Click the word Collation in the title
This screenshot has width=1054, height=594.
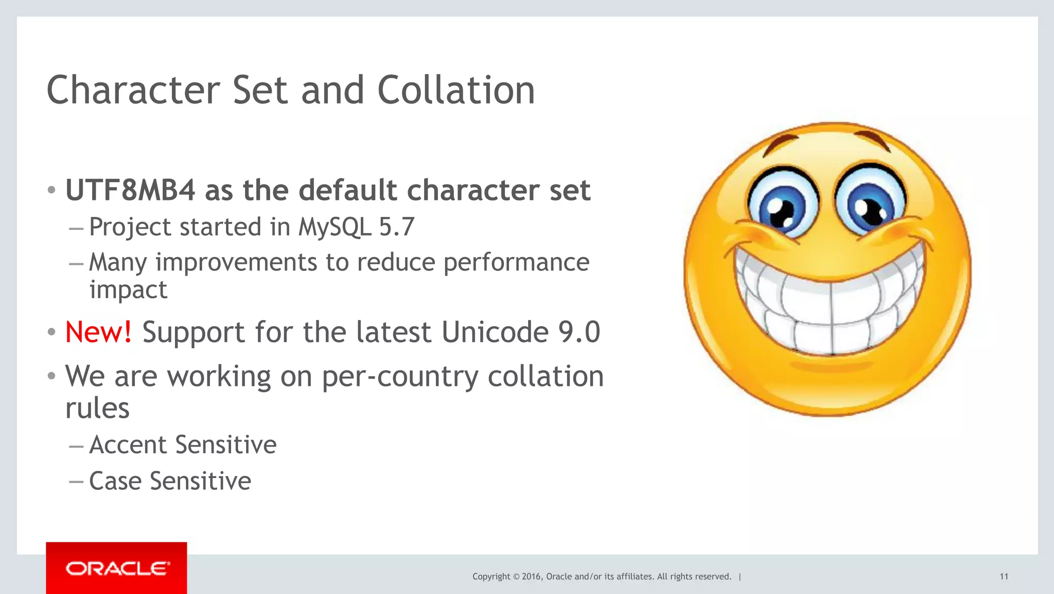[456, 90]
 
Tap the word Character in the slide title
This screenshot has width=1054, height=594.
[133, 90]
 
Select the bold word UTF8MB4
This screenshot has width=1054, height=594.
[130, 190]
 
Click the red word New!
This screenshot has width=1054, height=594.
[98, 332]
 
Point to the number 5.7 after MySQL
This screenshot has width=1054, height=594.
[396, 227]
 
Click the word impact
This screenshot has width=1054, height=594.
[128, 290]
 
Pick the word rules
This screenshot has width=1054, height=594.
[97, 409]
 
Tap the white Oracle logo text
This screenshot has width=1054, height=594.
[117, 569]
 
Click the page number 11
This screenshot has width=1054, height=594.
[1004, 576]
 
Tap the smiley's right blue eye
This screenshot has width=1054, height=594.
[869, 202]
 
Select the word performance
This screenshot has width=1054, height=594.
[516, 262]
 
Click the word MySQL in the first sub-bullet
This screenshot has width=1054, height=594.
[335, 227]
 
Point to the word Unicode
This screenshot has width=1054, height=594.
[495, 332]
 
